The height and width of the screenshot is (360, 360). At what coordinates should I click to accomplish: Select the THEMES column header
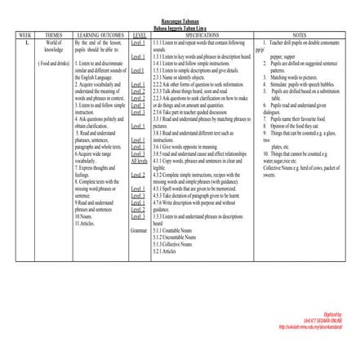54,35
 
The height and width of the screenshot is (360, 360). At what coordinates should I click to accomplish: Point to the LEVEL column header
139,35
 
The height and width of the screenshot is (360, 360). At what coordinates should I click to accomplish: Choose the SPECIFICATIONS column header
202,35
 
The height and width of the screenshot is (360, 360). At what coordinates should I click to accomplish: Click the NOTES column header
299,35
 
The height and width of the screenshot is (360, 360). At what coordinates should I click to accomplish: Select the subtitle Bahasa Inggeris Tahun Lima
180,27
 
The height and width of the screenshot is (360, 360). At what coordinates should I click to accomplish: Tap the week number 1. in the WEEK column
28,41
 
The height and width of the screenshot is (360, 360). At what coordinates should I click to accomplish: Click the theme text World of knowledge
54,44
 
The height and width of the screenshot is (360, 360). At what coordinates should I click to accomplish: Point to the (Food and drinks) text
54,62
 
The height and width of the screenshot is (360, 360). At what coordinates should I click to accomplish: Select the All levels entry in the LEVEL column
139,162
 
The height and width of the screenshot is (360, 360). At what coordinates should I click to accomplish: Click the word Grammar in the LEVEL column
139,231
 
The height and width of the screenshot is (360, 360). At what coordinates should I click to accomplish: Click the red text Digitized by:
332,313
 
